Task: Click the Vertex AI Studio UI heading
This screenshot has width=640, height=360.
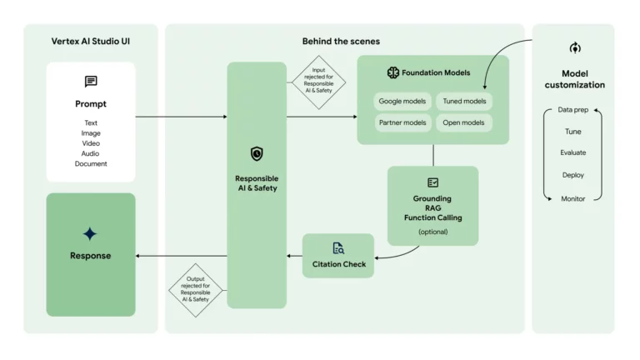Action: [90, 41]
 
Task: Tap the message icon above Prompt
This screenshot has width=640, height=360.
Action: [91, 82]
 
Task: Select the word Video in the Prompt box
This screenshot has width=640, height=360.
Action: [91, 143]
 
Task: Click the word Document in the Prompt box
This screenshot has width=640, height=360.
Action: [91, 164]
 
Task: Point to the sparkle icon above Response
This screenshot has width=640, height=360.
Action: [90, 234]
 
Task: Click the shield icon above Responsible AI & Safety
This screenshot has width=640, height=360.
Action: [257, 154]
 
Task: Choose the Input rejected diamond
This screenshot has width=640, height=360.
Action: [317, 82]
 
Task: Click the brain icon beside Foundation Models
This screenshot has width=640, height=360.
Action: [393, 72]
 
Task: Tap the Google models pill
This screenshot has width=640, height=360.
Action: [402, 102]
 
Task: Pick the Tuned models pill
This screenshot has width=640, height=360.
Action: [464, 102]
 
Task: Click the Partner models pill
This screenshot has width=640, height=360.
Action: [402, 123]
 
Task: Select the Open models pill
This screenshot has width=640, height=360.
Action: [464, 123]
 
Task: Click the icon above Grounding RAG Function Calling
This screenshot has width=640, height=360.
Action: [432, 182]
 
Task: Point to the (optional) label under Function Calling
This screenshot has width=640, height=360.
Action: [432, 232]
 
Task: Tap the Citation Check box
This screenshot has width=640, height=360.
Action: [338, 256]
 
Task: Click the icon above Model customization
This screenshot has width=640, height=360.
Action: [574, 48]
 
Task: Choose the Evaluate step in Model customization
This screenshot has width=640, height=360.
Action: [572, 153]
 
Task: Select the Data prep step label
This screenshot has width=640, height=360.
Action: [572, 110]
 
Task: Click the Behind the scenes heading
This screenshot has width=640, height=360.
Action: [341, 41]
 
